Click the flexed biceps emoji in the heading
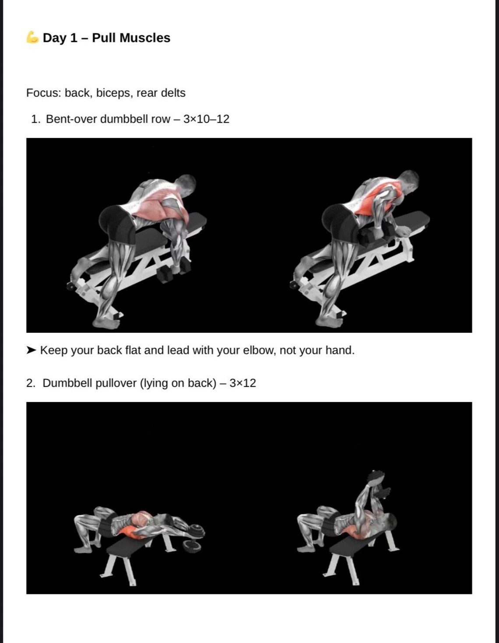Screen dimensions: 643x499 click(32, 38)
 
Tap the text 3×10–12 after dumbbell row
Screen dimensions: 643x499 click(206, 119)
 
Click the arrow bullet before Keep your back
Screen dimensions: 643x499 click(31, 350)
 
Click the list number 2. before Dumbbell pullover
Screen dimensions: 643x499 click(31, 383)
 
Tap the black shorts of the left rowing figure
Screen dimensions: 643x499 click(116, 223)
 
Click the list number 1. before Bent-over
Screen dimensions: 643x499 click(35, 119)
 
